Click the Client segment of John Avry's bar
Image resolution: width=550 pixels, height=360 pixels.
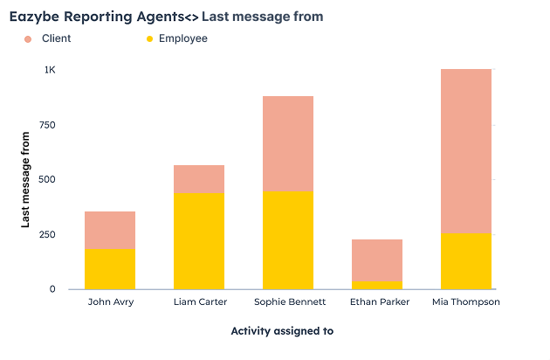[110, 230]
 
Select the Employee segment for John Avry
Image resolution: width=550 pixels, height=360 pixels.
[110, 268]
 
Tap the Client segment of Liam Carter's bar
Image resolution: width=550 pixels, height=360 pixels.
[199, 178]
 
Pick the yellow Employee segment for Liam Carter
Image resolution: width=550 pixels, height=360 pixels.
[199, 240]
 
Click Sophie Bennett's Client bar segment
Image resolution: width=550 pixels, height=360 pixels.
[288, 143]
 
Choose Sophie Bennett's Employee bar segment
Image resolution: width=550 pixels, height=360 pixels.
[288, 239]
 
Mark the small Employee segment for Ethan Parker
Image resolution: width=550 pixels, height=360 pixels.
[377, 284]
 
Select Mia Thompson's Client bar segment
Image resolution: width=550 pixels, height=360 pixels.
[466, 150]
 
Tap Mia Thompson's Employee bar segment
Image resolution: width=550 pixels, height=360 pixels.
[466, 260]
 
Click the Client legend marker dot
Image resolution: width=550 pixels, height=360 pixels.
[28, 39]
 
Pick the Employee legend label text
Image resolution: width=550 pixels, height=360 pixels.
[182, 38]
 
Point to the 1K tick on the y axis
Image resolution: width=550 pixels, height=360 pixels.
[50, 70]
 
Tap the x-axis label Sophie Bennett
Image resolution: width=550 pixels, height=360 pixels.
[288, 302]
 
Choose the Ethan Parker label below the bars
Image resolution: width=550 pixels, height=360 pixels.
[377, 302]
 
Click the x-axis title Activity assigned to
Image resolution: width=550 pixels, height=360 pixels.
[282, 331]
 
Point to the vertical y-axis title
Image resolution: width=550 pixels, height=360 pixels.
[26, 179]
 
